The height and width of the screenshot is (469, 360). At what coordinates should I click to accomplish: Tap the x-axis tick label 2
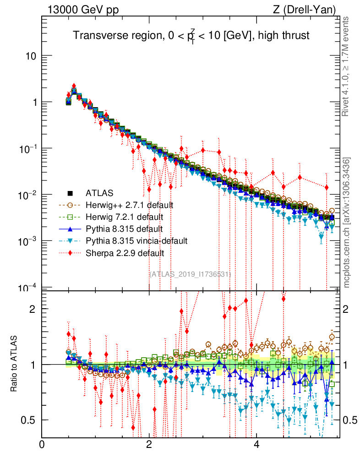pyautogui.click(x=149, y=445)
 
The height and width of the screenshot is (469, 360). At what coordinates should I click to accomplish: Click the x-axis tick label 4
pyautogui.click(x=256, y=445)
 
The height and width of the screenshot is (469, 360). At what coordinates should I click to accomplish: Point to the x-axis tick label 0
pyautogui.click(x=42, y=445)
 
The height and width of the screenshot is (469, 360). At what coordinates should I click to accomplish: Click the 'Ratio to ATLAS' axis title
pyautogui.click(x=15, y=364)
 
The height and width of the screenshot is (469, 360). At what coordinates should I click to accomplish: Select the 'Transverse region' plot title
pyautogui.click(x=191, y=36)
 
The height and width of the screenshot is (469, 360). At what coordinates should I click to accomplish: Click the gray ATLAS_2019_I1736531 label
pyautogui.click(x=191, y=274)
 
